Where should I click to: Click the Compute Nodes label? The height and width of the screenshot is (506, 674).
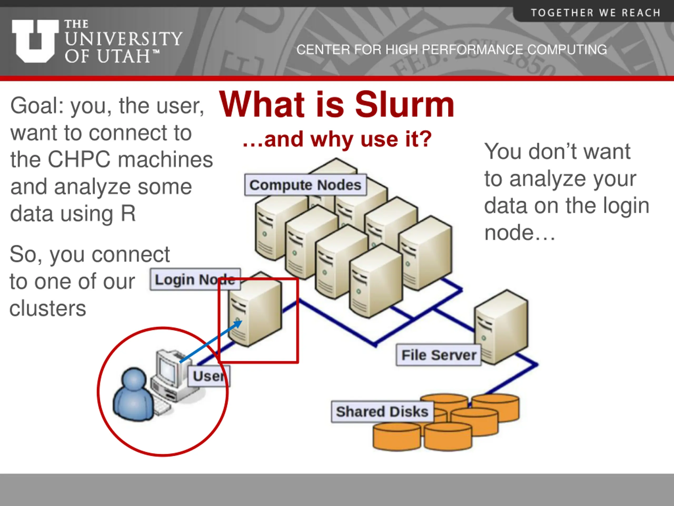(x=305, y=185)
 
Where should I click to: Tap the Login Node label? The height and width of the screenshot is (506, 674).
(x=195, y=279)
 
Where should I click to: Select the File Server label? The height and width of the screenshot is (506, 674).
(x=438, y=355)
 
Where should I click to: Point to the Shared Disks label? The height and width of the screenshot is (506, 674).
(x=382, y=411)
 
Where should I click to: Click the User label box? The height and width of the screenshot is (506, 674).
(x=209, y=376)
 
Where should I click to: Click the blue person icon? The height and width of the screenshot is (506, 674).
(x=133, y=395)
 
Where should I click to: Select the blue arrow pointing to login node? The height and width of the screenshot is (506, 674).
(x=210, y=342)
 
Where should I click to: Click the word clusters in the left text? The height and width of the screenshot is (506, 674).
(x=48, y=308)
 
